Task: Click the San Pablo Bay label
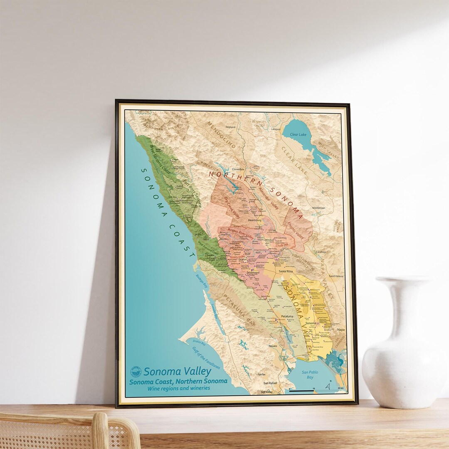310,374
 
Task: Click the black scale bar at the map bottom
301,391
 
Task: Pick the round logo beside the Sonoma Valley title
136,372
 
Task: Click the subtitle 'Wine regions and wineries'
178,388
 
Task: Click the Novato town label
273,346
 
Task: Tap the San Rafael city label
270,383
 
